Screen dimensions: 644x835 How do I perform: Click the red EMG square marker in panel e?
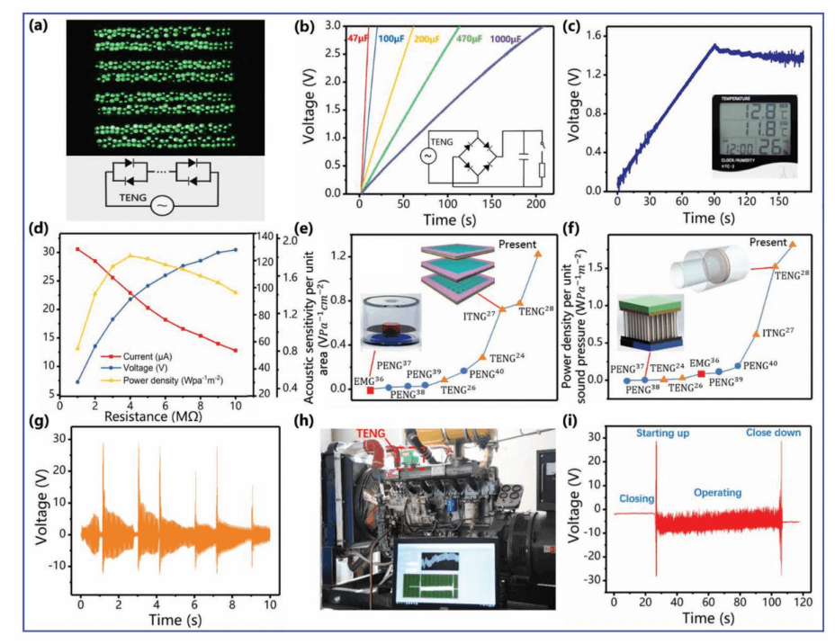[370, 390]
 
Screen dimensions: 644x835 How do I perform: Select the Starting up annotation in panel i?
[665, 433]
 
